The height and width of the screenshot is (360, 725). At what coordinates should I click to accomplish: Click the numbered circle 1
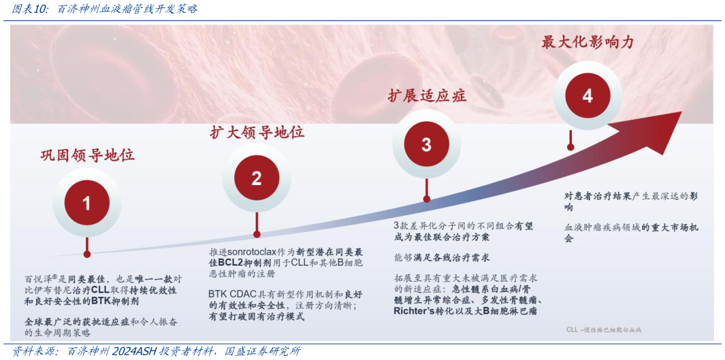tap(86, 203)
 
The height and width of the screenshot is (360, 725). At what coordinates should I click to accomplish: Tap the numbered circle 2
tap(257, 178)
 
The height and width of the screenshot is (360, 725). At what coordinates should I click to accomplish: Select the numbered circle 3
tap(426, 144)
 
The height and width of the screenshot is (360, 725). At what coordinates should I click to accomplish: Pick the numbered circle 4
tap(587, 96)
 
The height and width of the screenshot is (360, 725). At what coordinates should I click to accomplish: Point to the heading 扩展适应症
tap(427, 95)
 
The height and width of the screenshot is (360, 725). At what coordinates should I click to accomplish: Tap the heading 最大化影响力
tap(587, 42)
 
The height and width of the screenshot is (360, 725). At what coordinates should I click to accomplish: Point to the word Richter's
tap(419, 310)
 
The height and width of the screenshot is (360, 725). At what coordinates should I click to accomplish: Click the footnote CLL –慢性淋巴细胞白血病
tap(604, 329)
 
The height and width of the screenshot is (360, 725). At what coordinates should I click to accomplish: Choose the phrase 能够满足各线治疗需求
tap(442, 258)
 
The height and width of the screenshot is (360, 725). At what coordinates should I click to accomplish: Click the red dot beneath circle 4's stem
tap(570, 146)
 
